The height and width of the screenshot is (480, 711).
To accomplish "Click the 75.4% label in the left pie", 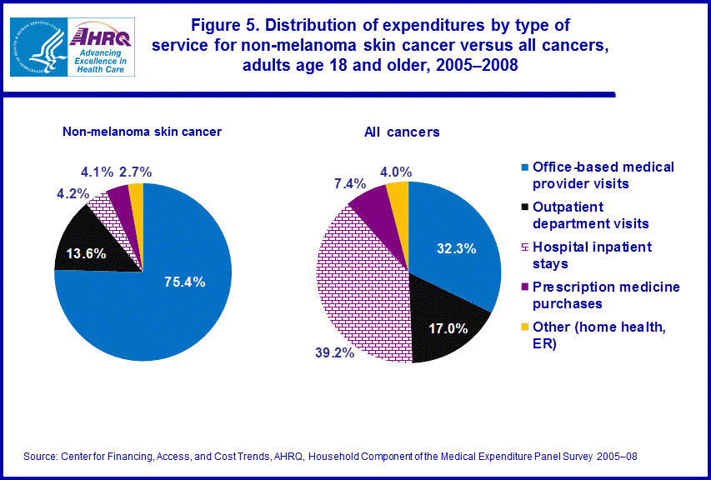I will (x=185, y=281).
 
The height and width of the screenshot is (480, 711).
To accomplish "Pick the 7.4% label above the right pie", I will (x=348, y=182).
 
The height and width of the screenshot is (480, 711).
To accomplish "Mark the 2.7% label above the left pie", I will (x=135, y=172).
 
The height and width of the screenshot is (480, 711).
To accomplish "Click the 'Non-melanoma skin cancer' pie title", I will (x=142, y=131).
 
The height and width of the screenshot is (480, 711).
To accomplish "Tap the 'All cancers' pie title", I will (x=402, y=132).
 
